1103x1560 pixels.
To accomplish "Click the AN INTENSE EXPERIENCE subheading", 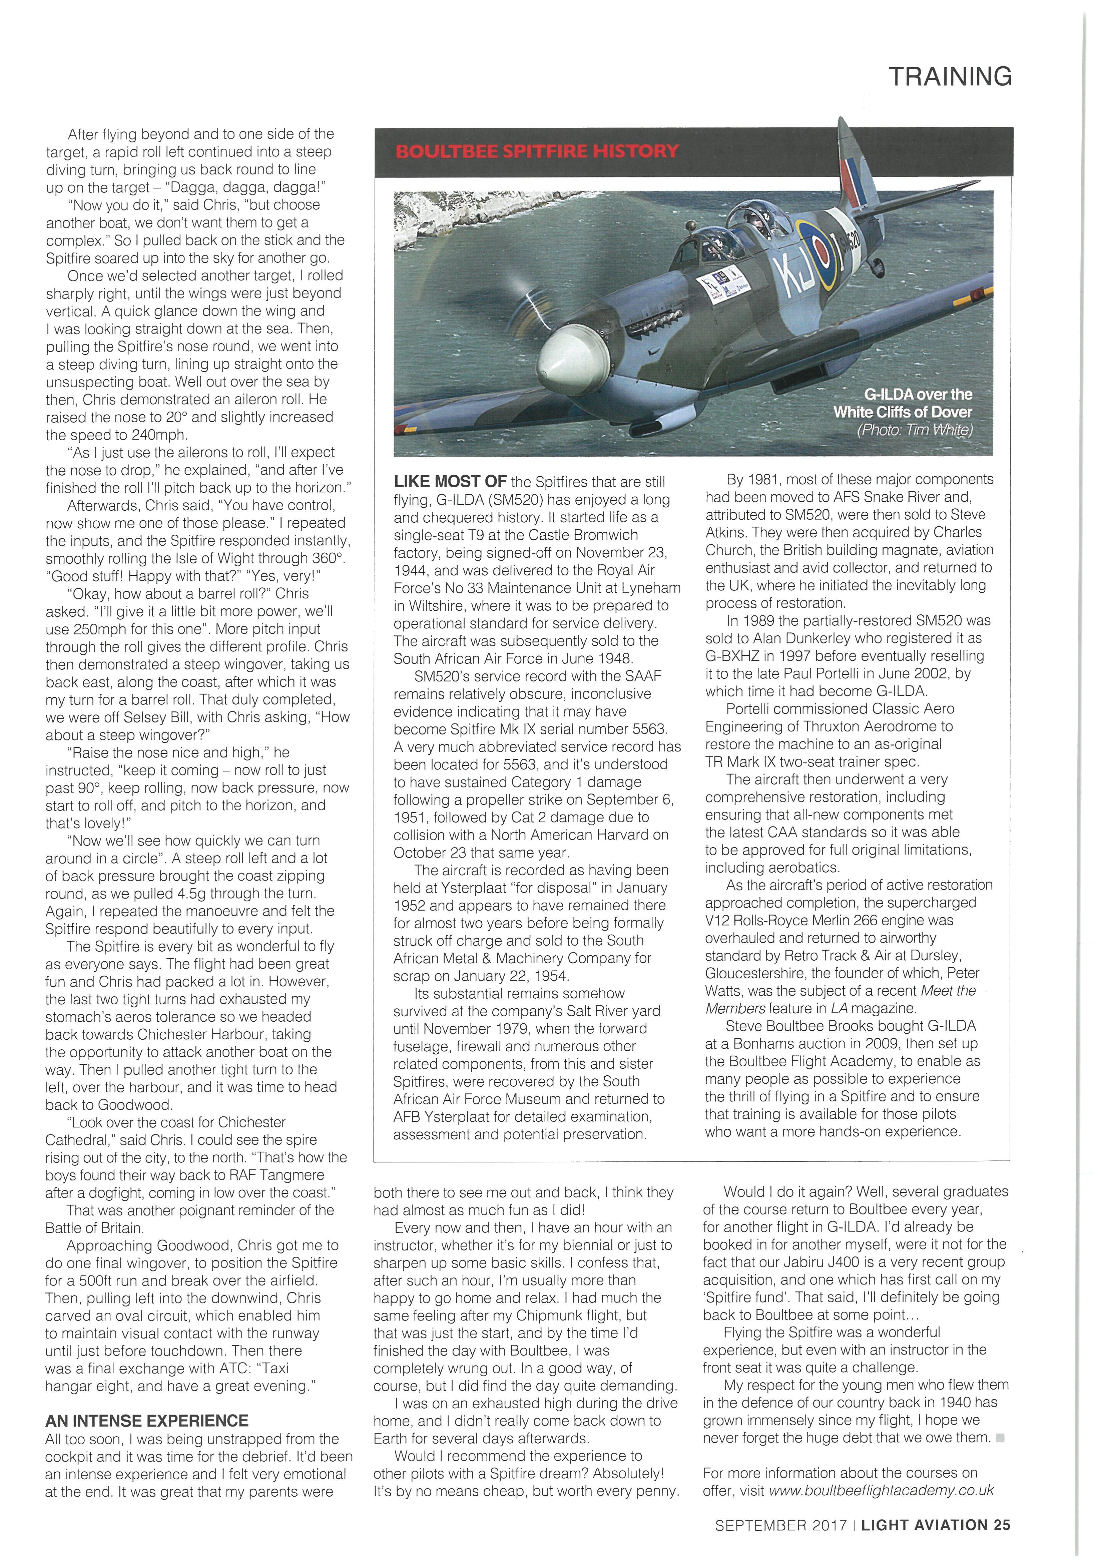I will (x=147, y=1421).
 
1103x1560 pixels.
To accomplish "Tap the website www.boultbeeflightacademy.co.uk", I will (x=881, y=1490).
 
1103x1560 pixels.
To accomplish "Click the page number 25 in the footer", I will (x=1002, y=1525).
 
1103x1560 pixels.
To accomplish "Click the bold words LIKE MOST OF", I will (x=450, y=482).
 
